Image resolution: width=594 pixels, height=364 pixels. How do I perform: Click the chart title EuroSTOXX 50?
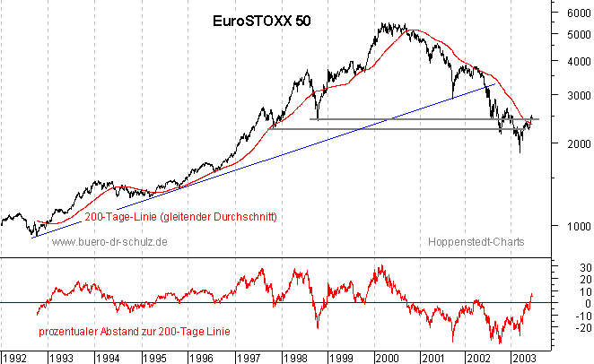click(261, 21)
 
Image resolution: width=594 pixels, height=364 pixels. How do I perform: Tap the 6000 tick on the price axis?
click(579, 13)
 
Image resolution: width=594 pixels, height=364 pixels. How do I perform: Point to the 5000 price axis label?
click(579, 35)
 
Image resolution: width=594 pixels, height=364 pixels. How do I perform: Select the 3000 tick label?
click(579, 95)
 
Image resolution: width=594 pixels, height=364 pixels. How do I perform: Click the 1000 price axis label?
click(579, 226)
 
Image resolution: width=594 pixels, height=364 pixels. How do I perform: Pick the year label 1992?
click(14, 358)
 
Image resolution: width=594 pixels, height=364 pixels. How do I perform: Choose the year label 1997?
click(249, 358)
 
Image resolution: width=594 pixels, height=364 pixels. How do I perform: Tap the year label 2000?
click(387, 358)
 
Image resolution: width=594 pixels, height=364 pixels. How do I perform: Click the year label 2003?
click(524, 358)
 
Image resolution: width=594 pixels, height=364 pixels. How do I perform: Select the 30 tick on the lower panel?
click(586, 268)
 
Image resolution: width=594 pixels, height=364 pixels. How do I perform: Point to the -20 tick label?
click(583, 327)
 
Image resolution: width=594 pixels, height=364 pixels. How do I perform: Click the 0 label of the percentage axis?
click(588, 303)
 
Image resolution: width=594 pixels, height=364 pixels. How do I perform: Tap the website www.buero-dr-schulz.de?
click(109, 242)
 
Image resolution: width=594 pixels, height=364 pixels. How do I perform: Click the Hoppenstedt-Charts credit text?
click(476, 242)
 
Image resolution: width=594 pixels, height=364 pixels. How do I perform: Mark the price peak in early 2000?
click(382, 23)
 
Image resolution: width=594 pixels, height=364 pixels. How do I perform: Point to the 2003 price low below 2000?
click(520, 152)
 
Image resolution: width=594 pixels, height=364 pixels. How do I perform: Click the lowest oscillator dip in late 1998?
click(318, 327)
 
